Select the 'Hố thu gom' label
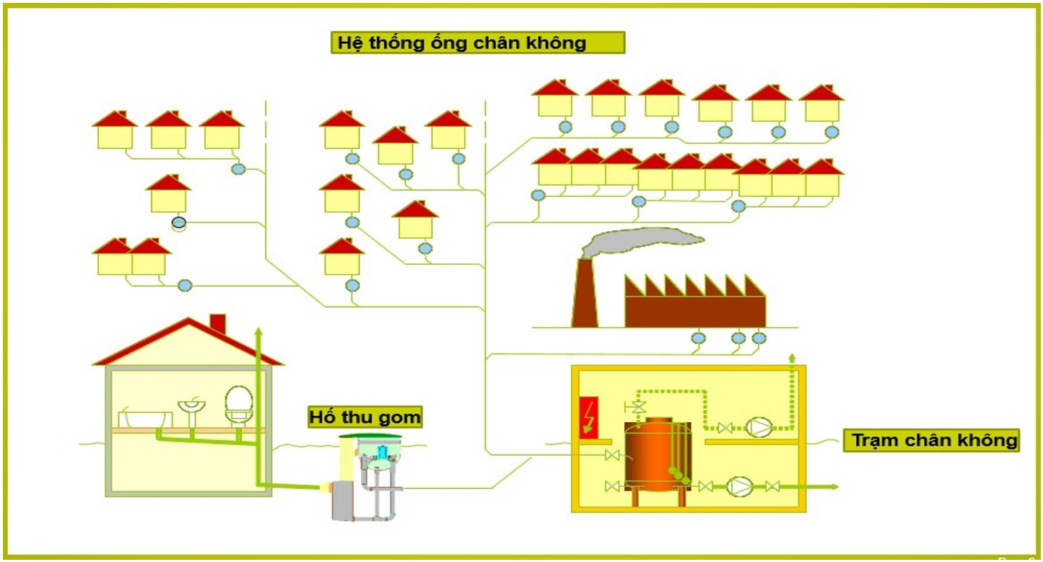[x=365, y=417]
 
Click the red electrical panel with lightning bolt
[x=588, y=417]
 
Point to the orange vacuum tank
[x=658, y=457]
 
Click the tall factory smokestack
[x=585, y=293]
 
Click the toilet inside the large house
[x=239, y=405]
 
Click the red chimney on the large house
[x=218, y=323]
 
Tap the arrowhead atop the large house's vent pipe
[x=259, y=331]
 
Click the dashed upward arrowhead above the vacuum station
[x=792, y=358]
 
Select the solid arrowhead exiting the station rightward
[x=834, y=487]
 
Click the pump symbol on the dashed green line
[x=759, y=428]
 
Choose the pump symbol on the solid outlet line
[x=740, y=487]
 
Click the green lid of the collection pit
[x=370, y=436]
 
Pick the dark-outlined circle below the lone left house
[x=179, y=223]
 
